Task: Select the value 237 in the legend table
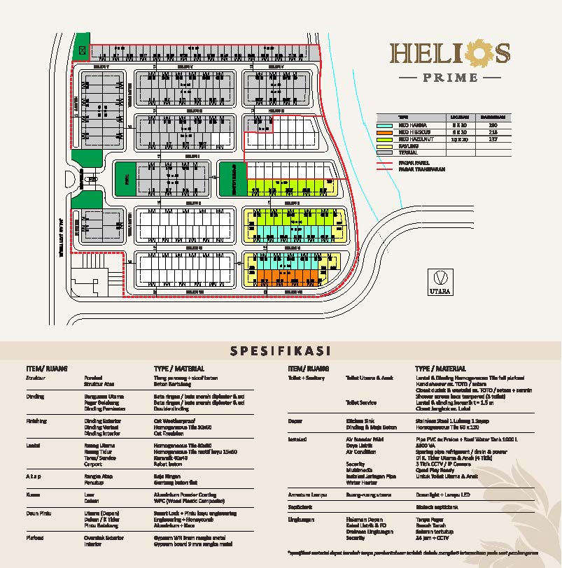tap(492, 139)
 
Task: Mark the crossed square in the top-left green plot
tap(82, 50)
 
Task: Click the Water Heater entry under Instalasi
tap(361, 482)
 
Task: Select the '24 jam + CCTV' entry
tap(431, 539)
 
